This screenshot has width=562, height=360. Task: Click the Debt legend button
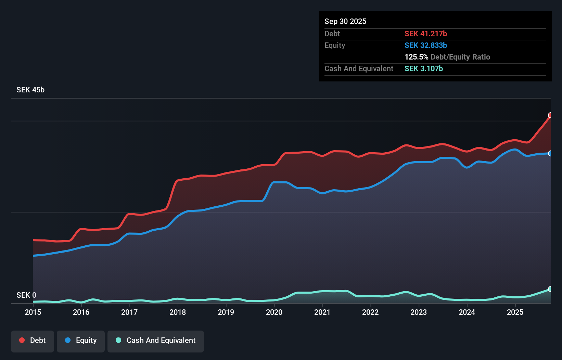pos(33,341)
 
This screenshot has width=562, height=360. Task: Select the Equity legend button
pos(81,341)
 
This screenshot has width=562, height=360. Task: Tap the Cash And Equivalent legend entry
pos(156,341)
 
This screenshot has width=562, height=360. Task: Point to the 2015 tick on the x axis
pos(33,312)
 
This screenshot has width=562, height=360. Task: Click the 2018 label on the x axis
pos(177,312)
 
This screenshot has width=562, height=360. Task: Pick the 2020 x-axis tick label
pos(274,312)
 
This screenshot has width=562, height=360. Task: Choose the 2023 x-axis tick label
pos(418,312)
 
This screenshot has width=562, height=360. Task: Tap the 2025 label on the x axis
pos(515,312)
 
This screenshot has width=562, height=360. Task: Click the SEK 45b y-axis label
pos(30,90)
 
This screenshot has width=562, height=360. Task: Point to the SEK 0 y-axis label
pos(26,295)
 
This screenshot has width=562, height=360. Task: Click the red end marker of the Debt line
pos(550,115)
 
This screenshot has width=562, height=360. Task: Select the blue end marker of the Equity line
pos(550,153)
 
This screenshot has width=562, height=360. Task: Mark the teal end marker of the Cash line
pos(550,289)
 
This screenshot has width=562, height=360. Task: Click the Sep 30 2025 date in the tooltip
pos(345,21)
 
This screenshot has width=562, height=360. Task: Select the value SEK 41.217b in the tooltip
pos(425,34)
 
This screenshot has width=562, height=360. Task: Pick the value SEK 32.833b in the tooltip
pos(425,45)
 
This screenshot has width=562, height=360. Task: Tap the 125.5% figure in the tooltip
pos(416,57)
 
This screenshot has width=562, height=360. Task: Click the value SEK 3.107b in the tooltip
pos(423,68)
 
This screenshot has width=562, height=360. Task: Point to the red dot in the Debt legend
pos(22,340)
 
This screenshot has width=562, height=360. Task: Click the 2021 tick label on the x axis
pos(322,312)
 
